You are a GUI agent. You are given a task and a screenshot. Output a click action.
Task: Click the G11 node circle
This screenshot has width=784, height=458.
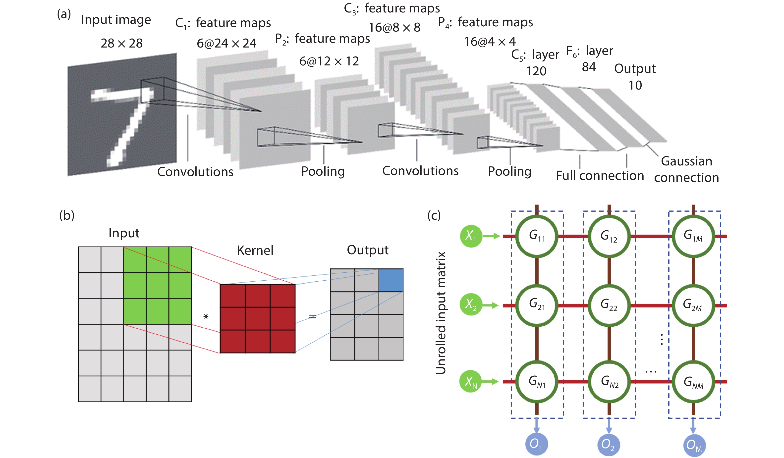537,236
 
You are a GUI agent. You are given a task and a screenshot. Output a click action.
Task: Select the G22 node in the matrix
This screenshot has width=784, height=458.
609,305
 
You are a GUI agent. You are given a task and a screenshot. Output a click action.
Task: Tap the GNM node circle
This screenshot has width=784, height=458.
693,382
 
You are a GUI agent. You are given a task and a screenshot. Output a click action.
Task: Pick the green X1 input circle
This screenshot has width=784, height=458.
471,236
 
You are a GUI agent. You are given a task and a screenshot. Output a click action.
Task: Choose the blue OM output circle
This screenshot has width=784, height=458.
694,445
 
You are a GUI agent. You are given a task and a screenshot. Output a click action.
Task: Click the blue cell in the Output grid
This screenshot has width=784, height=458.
391,280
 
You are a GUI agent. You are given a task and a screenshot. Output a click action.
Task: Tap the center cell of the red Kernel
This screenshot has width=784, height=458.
257,318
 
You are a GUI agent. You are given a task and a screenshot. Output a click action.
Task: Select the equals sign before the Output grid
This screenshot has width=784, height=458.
312,316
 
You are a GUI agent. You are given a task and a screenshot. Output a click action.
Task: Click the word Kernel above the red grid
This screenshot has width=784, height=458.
255,250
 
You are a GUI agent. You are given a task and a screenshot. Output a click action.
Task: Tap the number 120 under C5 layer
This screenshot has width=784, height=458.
536,71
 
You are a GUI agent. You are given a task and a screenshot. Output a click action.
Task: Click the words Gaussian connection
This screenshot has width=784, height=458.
686,169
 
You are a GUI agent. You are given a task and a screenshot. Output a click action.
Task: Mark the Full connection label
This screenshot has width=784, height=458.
600,176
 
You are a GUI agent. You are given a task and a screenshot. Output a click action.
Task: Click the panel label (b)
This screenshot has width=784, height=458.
67,215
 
